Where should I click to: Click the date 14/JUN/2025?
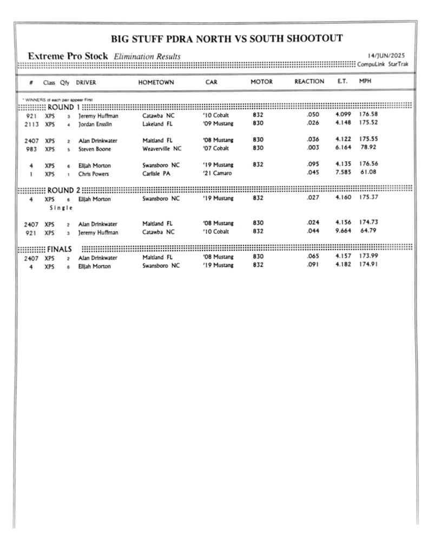point(386,56)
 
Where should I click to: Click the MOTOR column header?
point(261,82)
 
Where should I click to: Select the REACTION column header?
point(309,82)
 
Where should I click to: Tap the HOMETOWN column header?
point(156,82)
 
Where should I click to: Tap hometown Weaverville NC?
point(162,148)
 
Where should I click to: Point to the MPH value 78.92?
point(369,148)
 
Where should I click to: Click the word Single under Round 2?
point(61,208)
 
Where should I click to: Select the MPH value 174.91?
point(368,266)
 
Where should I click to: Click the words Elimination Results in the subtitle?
point(147,57)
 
